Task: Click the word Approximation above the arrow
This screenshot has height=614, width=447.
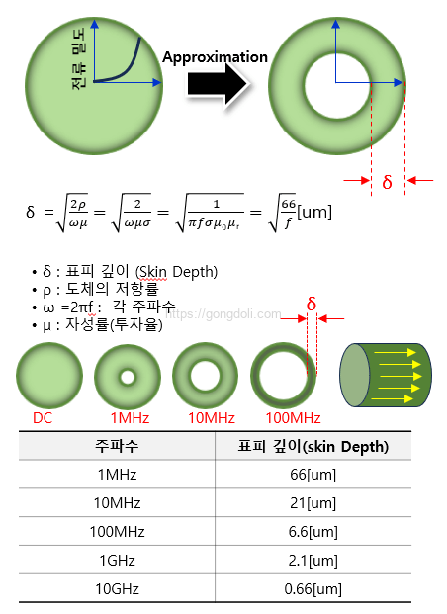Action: tap(215, 57)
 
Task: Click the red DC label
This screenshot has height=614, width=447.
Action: tap(43, 418)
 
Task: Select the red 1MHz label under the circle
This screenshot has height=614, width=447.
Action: tap(130, 418)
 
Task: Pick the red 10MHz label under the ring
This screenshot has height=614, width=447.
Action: tap(212, 418)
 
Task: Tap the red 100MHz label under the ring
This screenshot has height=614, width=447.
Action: tap(293, 418)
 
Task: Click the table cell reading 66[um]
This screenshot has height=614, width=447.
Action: tap(313, 475)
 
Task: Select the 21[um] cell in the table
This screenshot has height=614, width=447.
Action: tap(313, 503)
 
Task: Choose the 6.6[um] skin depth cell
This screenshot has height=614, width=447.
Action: tap(313, 532)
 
